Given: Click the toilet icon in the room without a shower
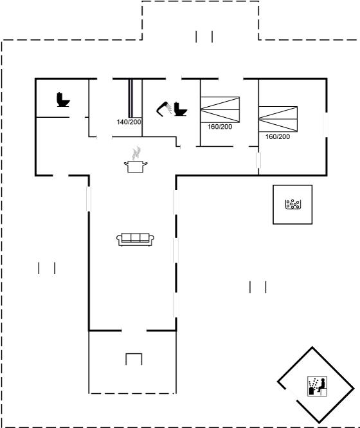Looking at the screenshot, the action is pyautogui.click(x=63, y=100).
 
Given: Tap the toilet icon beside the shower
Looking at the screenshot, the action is pyautogui.click(x=180, y=109).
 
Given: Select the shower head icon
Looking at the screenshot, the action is pyautogui.click(x=164, y=109).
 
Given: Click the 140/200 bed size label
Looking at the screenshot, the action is pyautogui.click(x=129, y=122).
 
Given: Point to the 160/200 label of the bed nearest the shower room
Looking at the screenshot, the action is pyautogui.click(x=220, y=127).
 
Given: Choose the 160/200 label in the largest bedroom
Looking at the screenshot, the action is pyautogui.click(x=278, y=136).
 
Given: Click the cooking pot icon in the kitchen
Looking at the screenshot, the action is pyautogui.click(x=136, y=167).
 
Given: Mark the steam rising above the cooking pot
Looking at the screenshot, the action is pyautogui.click(x=136, y=153).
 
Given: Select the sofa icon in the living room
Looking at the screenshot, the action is pyautogui.click(x=135, y=239).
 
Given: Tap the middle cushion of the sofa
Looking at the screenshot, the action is pyautogui.click(x=135, y=237).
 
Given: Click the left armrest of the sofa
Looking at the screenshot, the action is pyautogui.click(x=119, y=239).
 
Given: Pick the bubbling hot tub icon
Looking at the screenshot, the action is pyautogui.click(x=292, y=204).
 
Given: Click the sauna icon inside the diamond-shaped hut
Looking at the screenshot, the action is pyautogui.click(x=317, y=386).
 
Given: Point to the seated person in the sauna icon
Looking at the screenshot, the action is pyautogui.click(x=322, y=385).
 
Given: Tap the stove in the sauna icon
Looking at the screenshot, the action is pyautogui.click(x=311, y=391).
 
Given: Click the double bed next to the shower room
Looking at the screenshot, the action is pyautogui.click(x=220, y=109).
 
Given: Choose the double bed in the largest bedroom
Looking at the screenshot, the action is pyautogui.click(x=278, y=119).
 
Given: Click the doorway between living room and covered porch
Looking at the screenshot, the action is pyautogui.click(x=134, y=331).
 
